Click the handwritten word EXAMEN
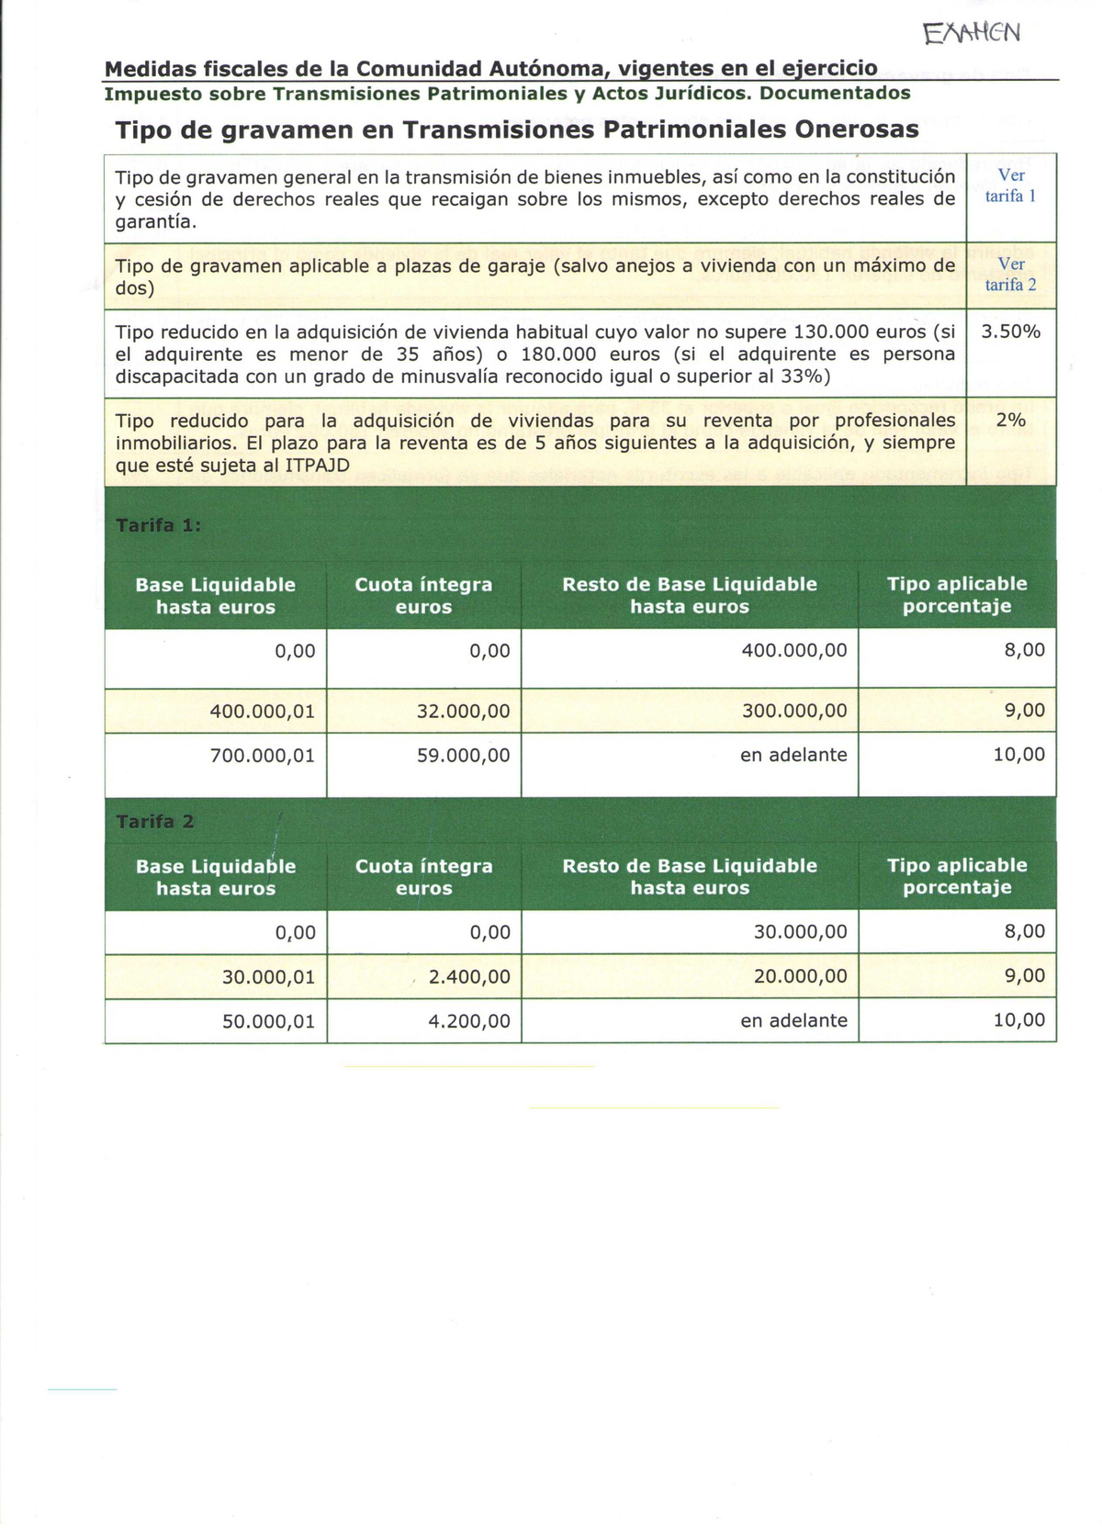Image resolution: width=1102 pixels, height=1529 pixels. coord(972,34)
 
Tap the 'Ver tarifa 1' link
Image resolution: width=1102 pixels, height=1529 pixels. coord(1010,186)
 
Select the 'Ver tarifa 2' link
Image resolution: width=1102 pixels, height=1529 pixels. coord(1010,275)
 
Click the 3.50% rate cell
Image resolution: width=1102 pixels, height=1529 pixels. coord(1010,332)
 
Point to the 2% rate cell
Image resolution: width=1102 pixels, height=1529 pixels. coord(1010,421)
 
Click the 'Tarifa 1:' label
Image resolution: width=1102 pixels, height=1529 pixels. coord(158,525)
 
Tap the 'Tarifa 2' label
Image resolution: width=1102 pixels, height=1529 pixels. coord(154,821)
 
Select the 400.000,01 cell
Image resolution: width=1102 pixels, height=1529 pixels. coord(262,711)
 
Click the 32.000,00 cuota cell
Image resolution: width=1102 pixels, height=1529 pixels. coord(463,711)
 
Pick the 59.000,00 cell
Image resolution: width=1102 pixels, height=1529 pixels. coord(463,755)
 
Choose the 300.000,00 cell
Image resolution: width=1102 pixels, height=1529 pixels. coord(794,711)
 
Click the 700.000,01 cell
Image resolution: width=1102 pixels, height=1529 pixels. coord(262,755)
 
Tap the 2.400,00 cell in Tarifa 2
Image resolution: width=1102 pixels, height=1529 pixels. coord(468,977)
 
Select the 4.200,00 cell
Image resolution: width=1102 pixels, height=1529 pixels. coord(468,1021)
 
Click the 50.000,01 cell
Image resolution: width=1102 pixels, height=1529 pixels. coord(268,1021)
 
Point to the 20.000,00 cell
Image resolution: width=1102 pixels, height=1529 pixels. coord(800,977)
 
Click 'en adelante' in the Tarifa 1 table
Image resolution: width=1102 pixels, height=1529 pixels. coord(793,755)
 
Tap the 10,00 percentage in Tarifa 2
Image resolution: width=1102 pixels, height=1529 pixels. coord(1018,1019)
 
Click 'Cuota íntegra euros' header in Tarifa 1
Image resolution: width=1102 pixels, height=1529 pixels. coord(423,595)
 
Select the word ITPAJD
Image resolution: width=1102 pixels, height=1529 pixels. coord(317,466)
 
